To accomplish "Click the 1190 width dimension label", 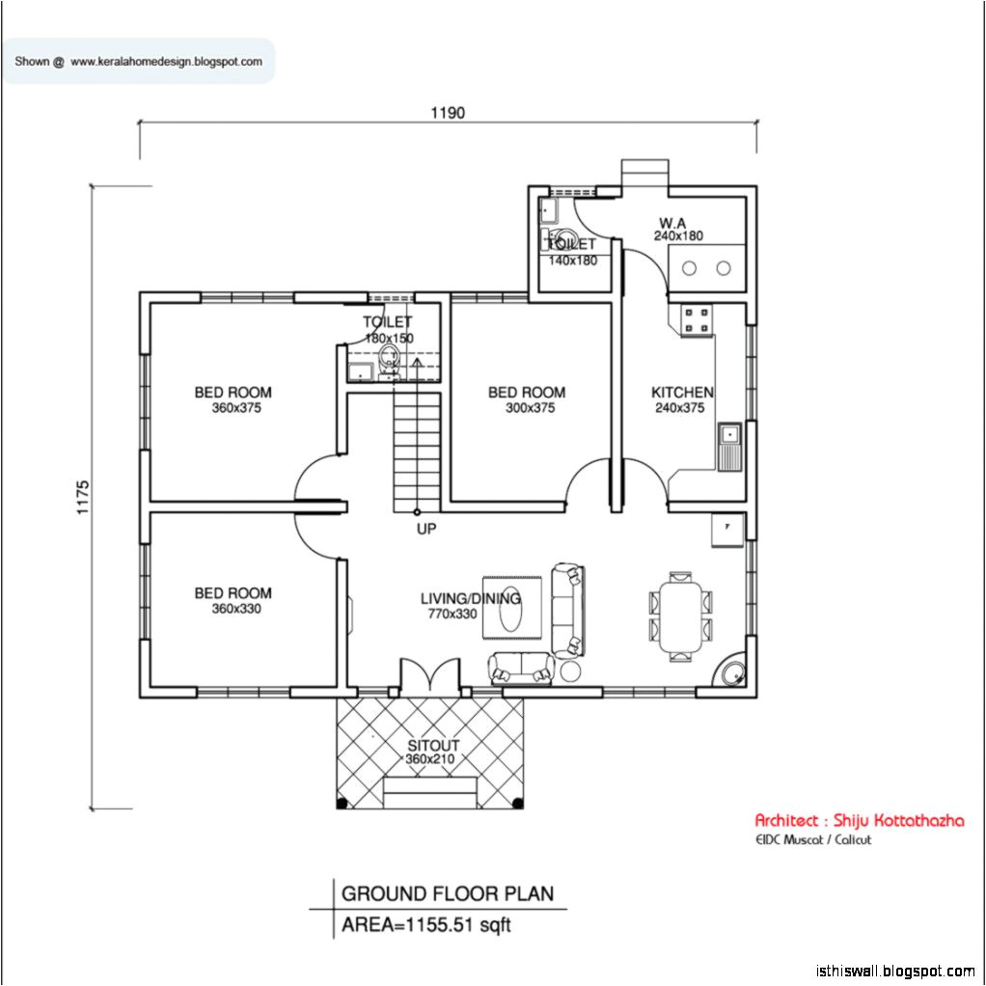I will pos(448,113).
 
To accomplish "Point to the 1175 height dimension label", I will pos(82,498).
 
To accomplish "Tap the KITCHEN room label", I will pos(682,393).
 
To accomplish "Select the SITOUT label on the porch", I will pos(432,746).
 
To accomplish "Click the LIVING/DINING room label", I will pos(470,598).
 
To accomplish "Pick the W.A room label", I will pos(672,223).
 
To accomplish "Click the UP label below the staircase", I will pos(426,529).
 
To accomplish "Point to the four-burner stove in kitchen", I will pos(697,321).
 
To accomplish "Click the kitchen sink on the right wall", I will pos(729,447).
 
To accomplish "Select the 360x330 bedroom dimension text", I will pos(235,609).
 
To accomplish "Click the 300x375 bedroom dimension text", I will pos(530,408).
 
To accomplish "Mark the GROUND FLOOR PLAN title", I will pos(448,893).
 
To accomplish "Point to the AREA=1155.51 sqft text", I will pos(426,925).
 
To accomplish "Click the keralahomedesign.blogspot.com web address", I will pos(166,62).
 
